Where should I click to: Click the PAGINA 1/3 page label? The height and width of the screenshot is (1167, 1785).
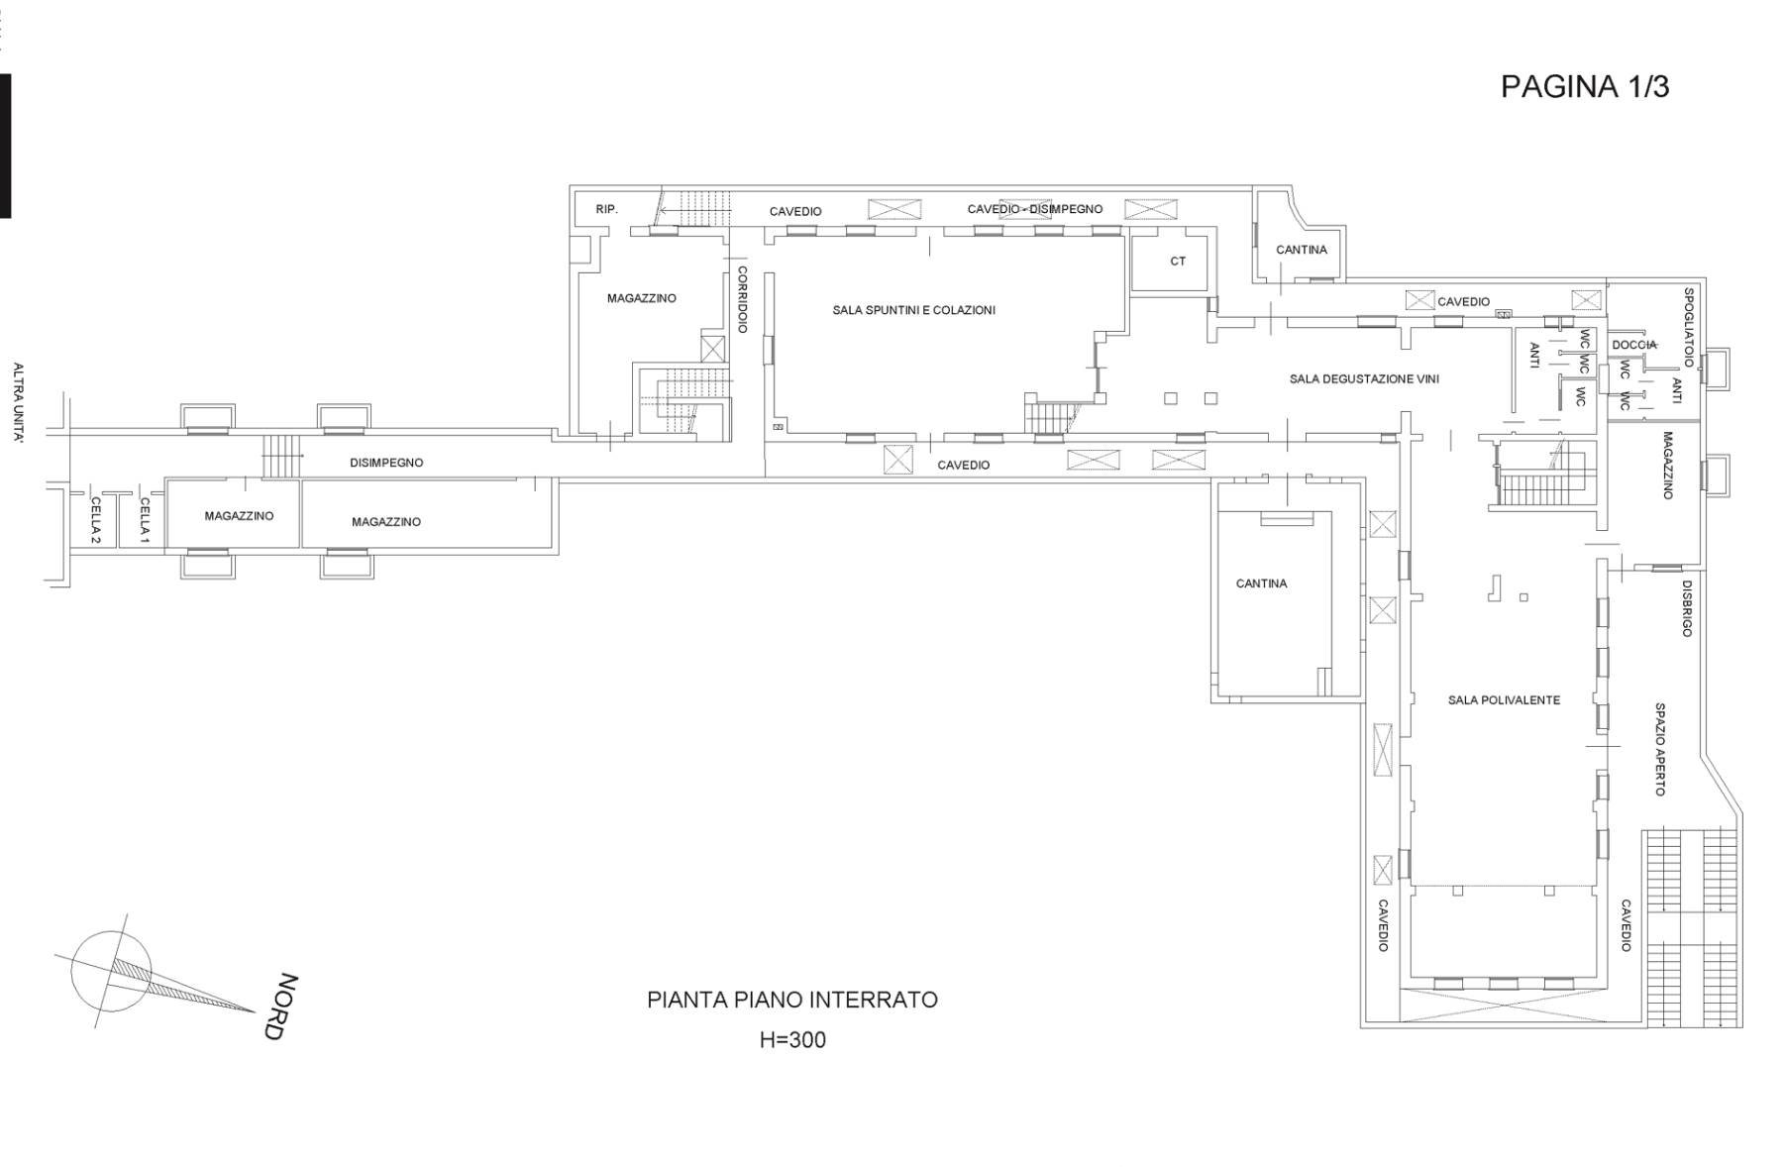pyautogui.click(x=1585, y=87)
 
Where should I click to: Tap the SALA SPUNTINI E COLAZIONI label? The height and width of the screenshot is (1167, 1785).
pyautogui.click(x=913, y=310)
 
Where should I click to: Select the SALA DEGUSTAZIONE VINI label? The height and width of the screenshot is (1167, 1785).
pyautogui.click(x=1364, y=378)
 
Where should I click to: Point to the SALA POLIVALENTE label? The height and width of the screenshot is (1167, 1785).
pyautogui.click(x=1504, y=699)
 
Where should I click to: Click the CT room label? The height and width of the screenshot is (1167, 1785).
pyautogui.click(x=1178, y=262)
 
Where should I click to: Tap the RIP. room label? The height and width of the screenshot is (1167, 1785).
pyautogui.click(x=606, y=209)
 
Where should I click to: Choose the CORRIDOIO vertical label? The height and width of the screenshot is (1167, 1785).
pyautogui.click(x=742, y=298)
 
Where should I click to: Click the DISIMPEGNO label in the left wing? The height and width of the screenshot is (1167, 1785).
pyautogui.click(x=386, y=463)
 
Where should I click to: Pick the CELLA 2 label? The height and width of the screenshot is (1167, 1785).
pyautogui.click(x=95, y=520)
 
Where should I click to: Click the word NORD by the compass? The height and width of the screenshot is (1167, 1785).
pyautogui.click(x=282, y=1007)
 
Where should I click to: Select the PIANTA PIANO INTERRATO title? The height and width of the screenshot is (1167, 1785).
pyautogui.click(x=792, y=1000)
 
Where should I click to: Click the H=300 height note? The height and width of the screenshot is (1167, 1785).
pyautogui.click(x=792, y=1040)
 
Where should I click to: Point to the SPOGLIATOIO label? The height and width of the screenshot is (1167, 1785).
pyautogui.click(x=1689, y=327)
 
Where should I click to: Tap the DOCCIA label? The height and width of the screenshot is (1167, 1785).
pyautogui.click(x=1633, y=345)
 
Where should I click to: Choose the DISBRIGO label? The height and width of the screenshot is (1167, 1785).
pyautogui.click(x=1687, y=608)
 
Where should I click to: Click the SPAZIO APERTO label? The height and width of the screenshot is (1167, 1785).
pyautogui.click(x=1660, y=749)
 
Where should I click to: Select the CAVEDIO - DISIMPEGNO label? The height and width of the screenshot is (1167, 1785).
pyautogui.click(x=1034, y=209)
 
